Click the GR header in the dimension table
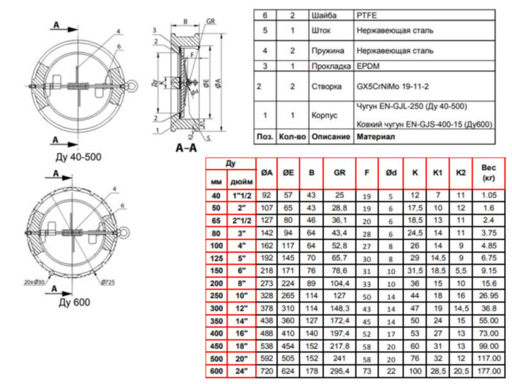pyautogui.click(x=339, y=173)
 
